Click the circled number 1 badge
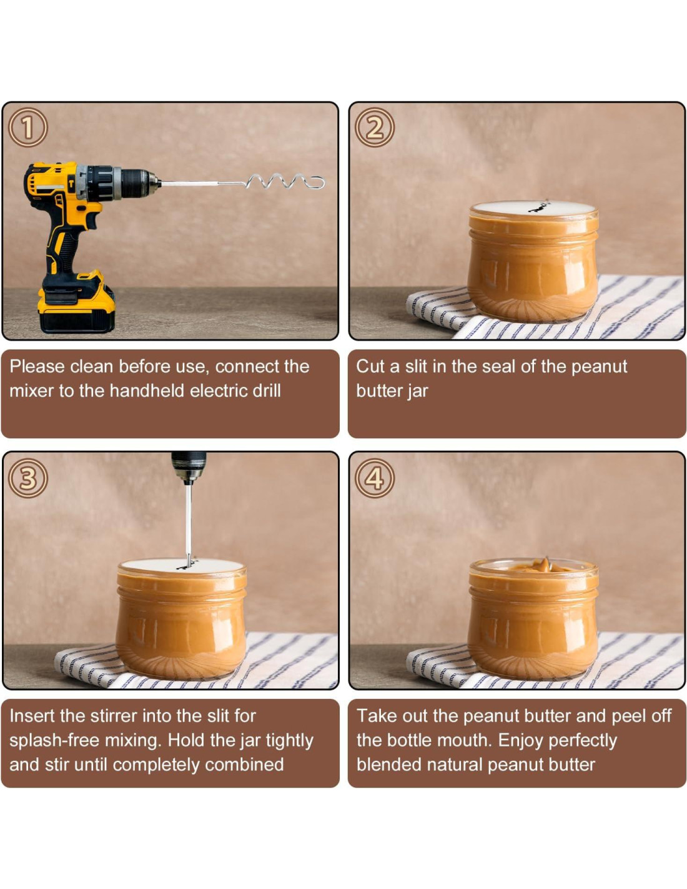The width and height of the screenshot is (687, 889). tap(27, 128)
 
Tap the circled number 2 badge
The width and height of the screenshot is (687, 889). tap(375, 128)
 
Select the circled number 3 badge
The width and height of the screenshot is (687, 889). tap(27, 478)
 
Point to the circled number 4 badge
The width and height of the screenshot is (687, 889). tap(375, 478)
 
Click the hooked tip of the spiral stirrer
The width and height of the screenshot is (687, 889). tap(318, 183)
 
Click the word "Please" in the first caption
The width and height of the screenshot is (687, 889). tap(37, 366)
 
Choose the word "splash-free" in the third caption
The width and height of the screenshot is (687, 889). tap(54, 740)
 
